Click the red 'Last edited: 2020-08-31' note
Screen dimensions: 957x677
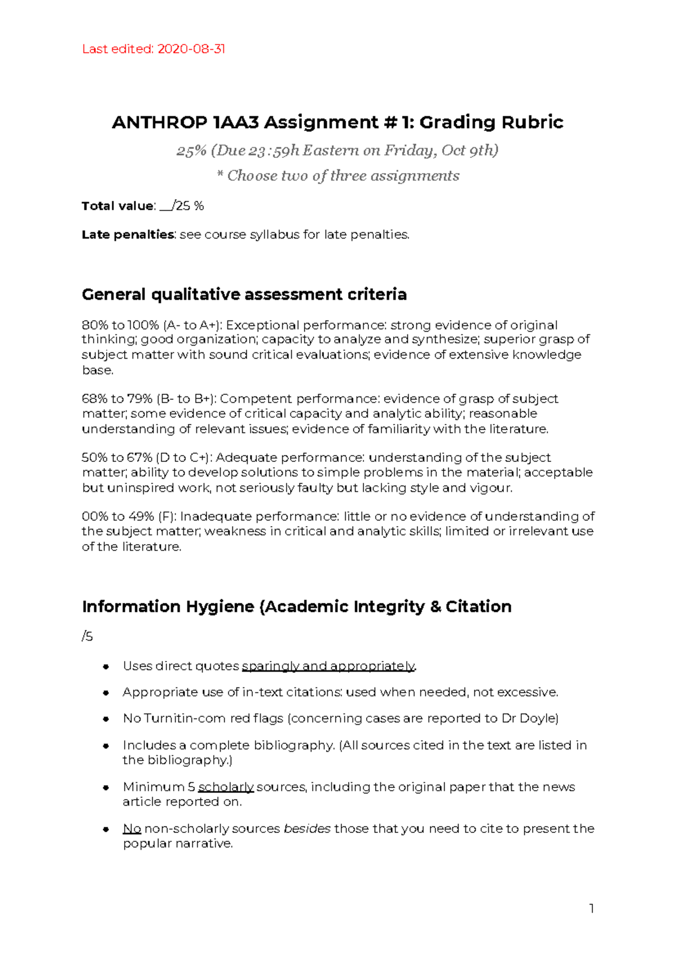(153, 49)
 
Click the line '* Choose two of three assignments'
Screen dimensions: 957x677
(338, 175)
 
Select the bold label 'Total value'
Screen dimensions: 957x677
(117, 206)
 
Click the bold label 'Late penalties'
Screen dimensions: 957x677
(128, 235)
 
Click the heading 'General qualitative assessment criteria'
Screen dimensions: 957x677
(244, 294)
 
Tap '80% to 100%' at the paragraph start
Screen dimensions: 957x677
(120, 325)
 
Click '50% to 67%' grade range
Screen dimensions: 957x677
(117, 457)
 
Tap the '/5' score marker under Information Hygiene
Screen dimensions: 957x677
(87, 637)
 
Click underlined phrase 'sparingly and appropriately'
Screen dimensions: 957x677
(328, 666)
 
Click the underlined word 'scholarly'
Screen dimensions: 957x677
(226, 787)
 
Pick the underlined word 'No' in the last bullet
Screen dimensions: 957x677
(131, 828)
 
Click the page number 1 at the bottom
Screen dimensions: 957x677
(591, 909)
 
